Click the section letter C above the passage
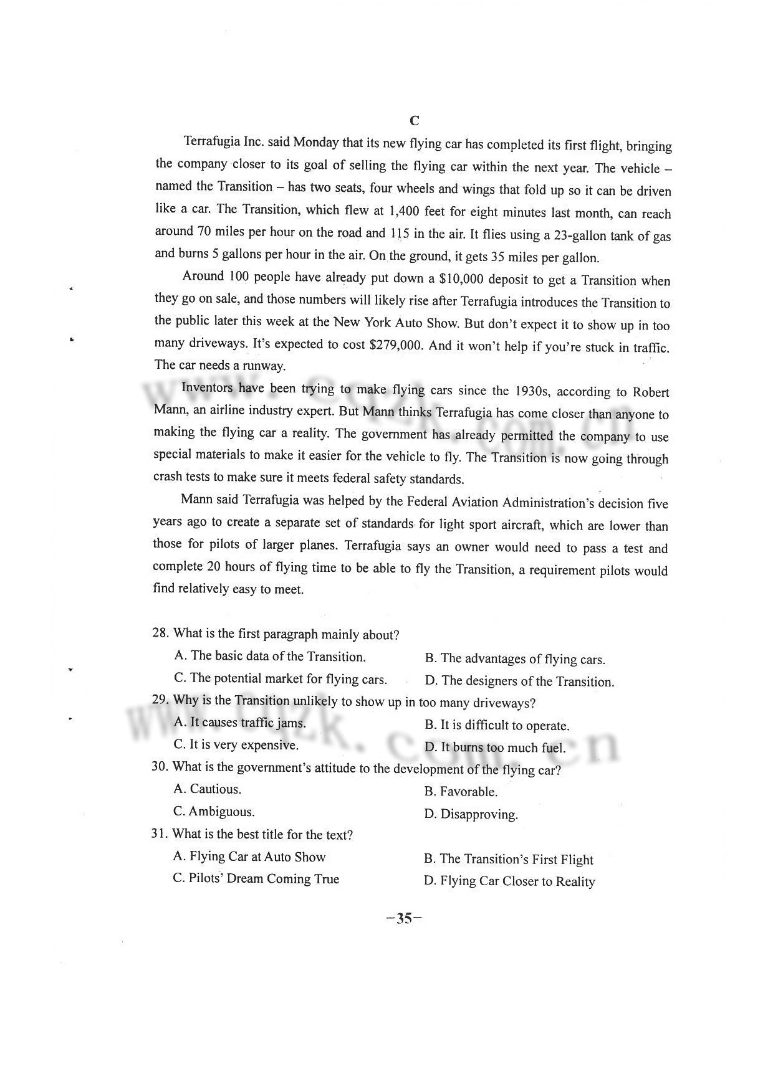coord(415,120)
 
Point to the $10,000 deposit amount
coord(464,278)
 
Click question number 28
coord(160,633)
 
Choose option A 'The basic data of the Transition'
coord(270,656)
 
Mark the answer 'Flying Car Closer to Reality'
coord(509,881)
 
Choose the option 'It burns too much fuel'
coord(495,748)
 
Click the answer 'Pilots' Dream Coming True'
coord(256,879)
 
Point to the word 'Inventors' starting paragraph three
coord(208,387)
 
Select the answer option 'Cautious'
coord(208,789)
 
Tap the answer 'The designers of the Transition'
coord(519,681)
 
